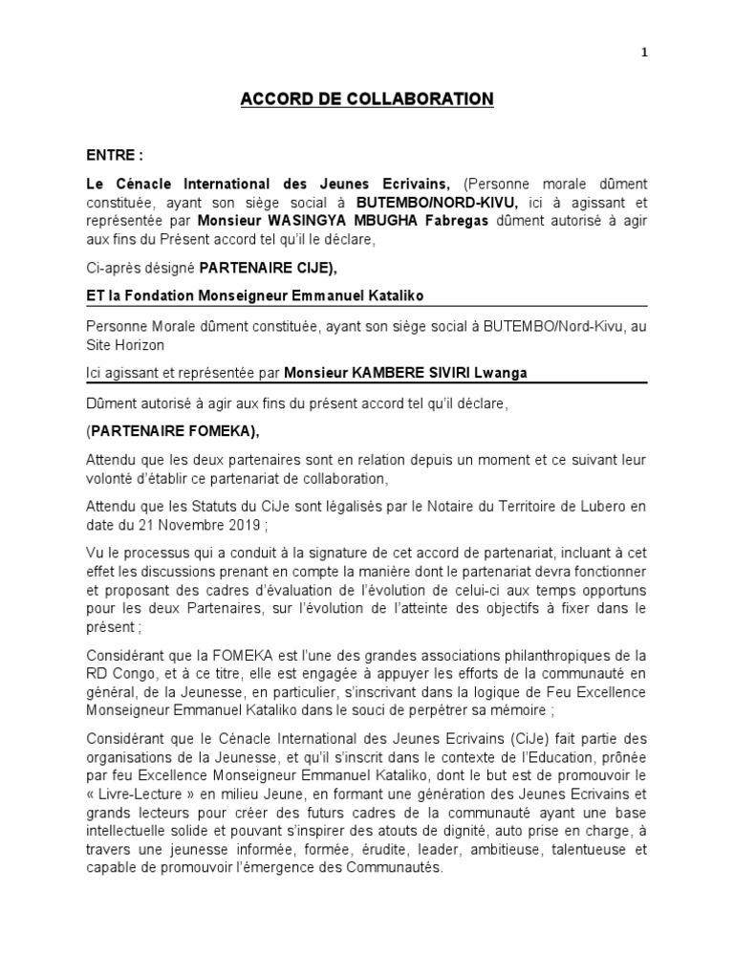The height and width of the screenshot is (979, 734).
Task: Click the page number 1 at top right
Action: click(x=645, y=54)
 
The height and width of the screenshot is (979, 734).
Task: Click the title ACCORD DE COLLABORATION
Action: click(x=366, y=99)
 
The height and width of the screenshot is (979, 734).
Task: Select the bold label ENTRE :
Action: click(x=114, y=156)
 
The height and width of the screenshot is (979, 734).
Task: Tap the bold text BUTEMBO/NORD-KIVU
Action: click(x=437, y=203)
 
